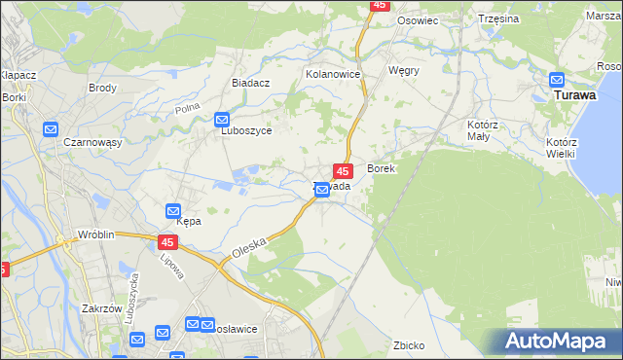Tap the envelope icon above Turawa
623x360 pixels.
557,80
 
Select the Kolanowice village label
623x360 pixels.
333,74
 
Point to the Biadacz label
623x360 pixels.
250,84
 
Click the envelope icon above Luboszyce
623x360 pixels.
223,119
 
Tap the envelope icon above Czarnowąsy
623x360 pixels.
51,128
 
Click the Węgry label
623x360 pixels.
403,71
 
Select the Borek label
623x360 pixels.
380,168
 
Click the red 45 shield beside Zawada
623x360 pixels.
342,170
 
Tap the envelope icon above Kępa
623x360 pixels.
172,210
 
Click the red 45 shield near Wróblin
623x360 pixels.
167,240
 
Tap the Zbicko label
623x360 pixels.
409,345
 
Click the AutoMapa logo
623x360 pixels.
558,342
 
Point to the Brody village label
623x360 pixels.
102,88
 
